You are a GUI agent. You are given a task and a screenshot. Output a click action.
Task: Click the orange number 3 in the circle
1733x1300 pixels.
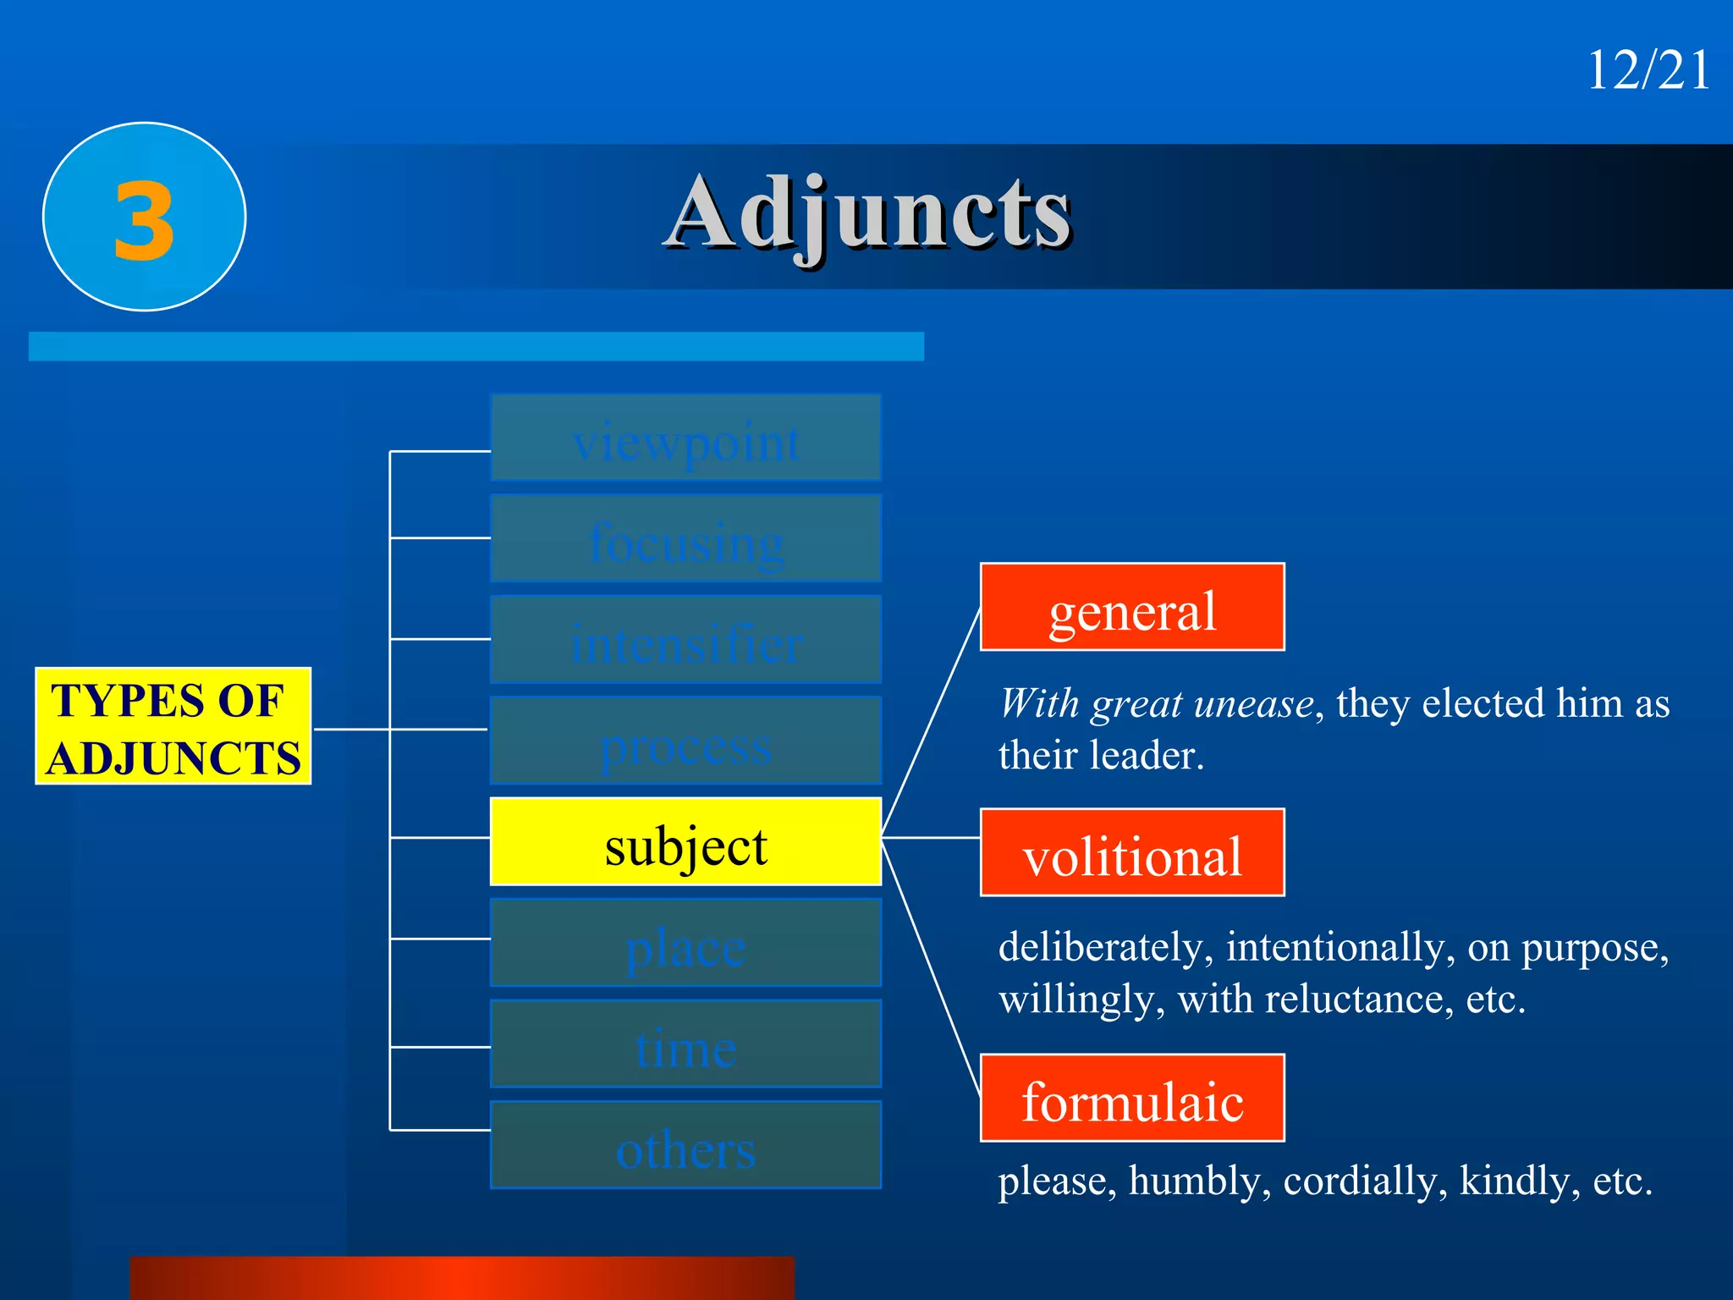[x=145, y=221]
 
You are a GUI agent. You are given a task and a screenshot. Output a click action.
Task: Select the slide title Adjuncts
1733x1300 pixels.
[x=868, y=213]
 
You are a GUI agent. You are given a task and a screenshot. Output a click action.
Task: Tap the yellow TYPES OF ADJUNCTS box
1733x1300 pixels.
[x=173, y=727]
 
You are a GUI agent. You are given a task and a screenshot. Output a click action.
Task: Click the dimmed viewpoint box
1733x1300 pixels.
[x=685, y=438]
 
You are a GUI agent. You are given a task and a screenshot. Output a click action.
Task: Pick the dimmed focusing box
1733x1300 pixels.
[x=685, y=539]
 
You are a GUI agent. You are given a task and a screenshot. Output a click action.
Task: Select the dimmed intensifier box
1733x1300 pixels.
[x=685, y=641]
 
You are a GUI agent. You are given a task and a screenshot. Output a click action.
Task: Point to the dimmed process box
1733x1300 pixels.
[x=685, y=741]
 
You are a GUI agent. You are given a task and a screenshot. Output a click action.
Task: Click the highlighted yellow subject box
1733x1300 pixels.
[x=685, y=843]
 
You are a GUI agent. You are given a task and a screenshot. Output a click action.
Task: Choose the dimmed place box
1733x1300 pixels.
[x=685, y=944]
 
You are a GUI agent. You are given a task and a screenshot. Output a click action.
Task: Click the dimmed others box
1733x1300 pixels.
[x=685, y=1146]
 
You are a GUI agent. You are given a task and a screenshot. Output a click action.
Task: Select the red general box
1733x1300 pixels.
[x=1132, y=608]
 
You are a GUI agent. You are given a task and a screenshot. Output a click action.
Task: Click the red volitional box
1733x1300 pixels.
[x=1132, y=853]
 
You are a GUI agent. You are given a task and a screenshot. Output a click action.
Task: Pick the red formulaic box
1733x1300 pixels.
[x=1132, y=1099]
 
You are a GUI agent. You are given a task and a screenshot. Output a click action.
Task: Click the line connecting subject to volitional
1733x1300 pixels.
[x=931, y=838]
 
